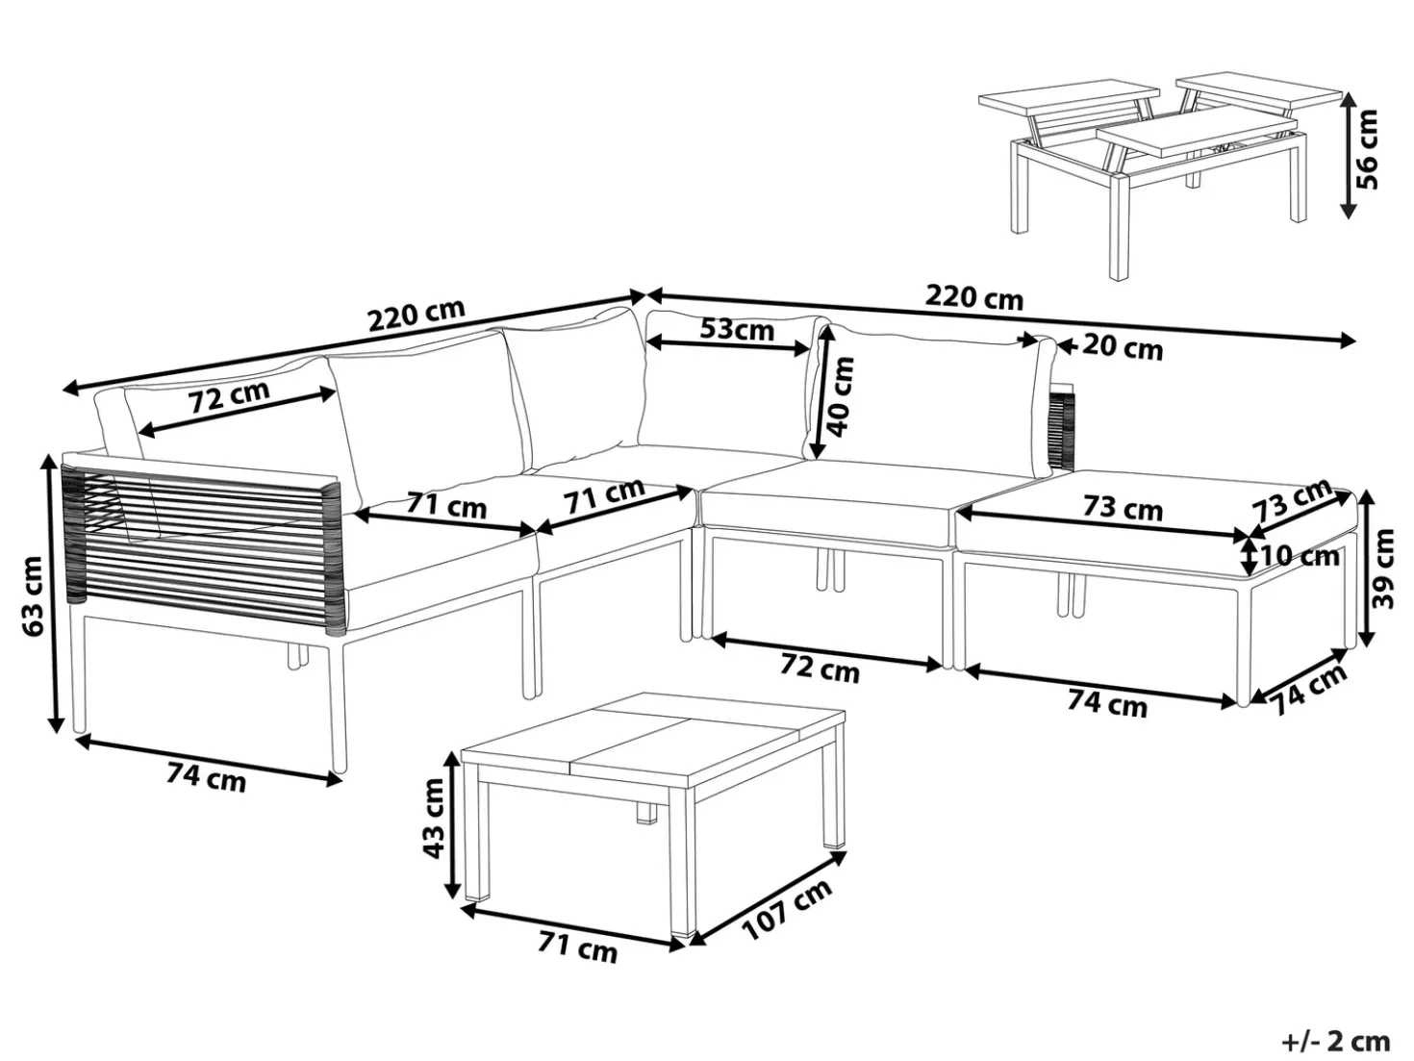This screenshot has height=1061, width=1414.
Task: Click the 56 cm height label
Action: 1366,150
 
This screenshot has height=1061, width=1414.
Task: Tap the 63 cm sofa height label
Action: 33,596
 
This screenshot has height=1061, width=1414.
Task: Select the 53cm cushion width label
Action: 736,329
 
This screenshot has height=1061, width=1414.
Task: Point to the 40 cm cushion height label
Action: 842,396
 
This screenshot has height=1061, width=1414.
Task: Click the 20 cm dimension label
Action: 1122,348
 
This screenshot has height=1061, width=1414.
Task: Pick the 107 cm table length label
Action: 787,910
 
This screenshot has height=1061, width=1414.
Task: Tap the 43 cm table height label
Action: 433,819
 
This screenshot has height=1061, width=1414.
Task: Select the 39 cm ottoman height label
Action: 1382,568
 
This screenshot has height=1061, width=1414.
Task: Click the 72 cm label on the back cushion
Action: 229,397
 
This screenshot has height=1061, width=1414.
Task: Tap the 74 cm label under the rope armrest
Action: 206,777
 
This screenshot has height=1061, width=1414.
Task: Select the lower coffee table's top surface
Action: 653,740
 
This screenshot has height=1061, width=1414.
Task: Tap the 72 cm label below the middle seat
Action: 820,669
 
